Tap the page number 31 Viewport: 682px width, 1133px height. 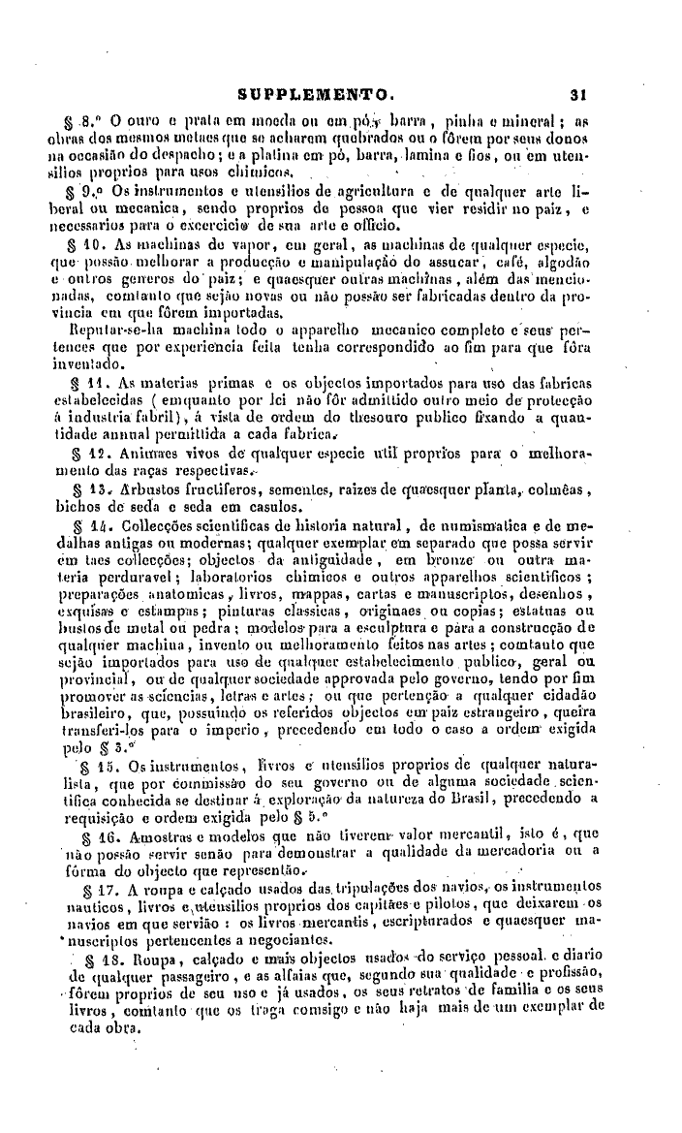click(580, 96)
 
